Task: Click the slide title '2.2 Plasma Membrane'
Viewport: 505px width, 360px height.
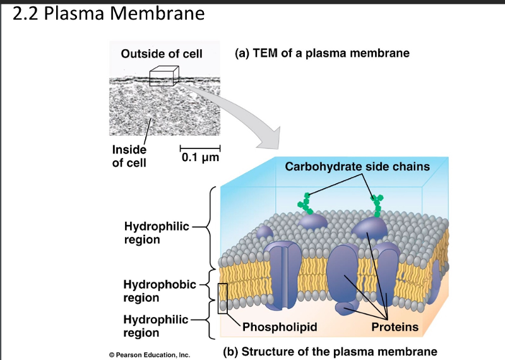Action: (x=109, y=13)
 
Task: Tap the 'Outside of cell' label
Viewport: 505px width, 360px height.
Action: (x=162, y=54)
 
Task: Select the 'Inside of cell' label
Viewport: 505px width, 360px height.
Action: (x=129, y=156)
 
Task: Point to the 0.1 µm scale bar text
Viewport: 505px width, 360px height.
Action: (x=199, y=156)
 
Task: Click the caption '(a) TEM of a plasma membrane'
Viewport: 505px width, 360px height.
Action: (x=322, y=53)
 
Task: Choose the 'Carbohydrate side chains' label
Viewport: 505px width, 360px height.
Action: (x=357, y=167)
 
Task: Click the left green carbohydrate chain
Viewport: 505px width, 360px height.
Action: (x=306, y=202)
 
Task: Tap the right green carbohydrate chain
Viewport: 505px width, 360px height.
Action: (x=378, y=203)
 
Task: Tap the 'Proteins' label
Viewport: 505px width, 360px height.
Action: (x=395, y=327)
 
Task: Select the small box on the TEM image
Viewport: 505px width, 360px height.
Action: (x=161, y=76)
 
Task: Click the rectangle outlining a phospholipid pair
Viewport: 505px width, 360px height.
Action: (x=222, y=298)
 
